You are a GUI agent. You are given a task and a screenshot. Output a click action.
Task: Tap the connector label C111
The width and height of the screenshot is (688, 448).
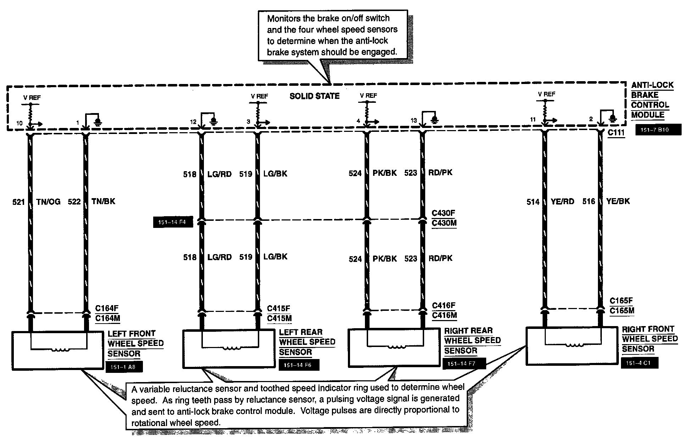(616, 133)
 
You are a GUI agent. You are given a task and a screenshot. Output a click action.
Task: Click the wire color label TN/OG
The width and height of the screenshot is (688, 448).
(48, 202)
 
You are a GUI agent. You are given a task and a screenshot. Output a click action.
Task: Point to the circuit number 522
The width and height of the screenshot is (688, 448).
(74, 202)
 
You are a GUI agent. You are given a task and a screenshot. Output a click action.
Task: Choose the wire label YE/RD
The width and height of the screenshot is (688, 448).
(563, 202)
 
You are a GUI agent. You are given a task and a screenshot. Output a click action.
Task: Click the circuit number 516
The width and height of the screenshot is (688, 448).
(589, 201)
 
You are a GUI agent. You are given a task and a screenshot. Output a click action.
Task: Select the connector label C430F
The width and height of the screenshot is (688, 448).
(443, 213)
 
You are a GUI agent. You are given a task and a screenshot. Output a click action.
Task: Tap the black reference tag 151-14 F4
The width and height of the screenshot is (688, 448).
(172, 223)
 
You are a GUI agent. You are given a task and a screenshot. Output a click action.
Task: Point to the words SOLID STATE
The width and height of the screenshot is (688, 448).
(315, 96)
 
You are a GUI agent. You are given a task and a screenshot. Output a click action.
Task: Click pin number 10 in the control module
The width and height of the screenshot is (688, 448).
(19, 123)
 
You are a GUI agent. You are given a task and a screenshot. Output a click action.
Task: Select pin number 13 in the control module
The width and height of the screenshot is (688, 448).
(414, 121)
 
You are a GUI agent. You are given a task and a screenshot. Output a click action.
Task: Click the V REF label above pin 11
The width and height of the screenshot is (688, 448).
(546, 94)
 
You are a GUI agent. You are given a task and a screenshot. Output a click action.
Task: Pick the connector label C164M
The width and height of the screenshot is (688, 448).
(107, 318)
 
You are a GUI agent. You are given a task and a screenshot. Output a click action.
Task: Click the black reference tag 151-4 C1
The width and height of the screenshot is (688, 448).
(639, 363)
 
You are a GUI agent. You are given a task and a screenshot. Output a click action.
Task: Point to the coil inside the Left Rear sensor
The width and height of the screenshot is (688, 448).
(231, 348)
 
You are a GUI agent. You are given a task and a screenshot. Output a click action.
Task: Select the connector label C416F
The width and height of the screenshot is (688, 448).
(443, 306)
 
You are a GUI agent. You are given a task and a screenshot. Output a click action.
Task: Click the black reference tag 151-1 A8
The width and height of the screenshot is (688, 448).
(124, 367)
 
